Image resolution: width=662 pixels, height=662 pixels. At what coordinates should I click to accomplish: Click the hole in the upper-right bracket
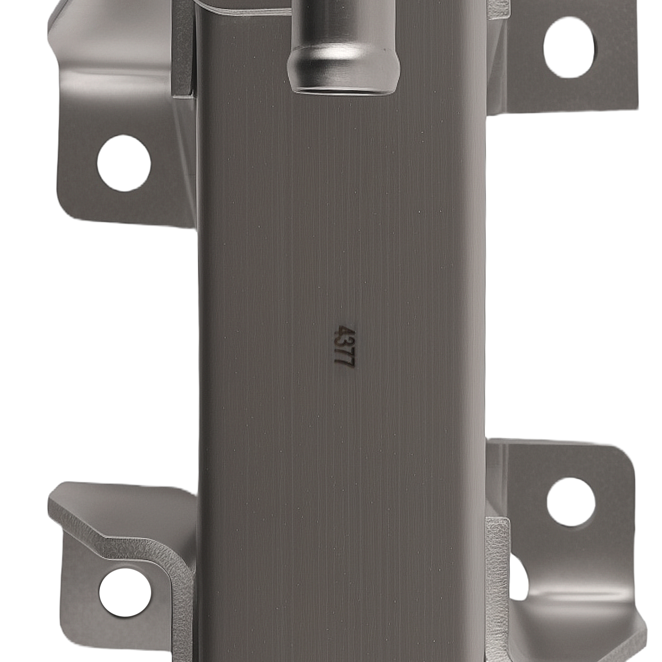pyautogui.click(x=569, y=48)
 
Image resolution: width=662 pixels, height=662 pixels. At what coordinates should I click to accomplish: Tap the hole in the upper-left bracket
pyautogui.click(x=124, y=163)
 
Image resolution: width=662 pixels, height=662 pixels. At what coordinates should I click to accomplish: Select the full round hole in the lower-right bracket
pyautogui.click(x=571, y=502)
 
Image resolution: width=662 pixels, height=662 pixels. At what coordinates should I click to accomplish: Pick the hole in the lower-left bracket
pyautogui.click(x=125, y=592)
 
